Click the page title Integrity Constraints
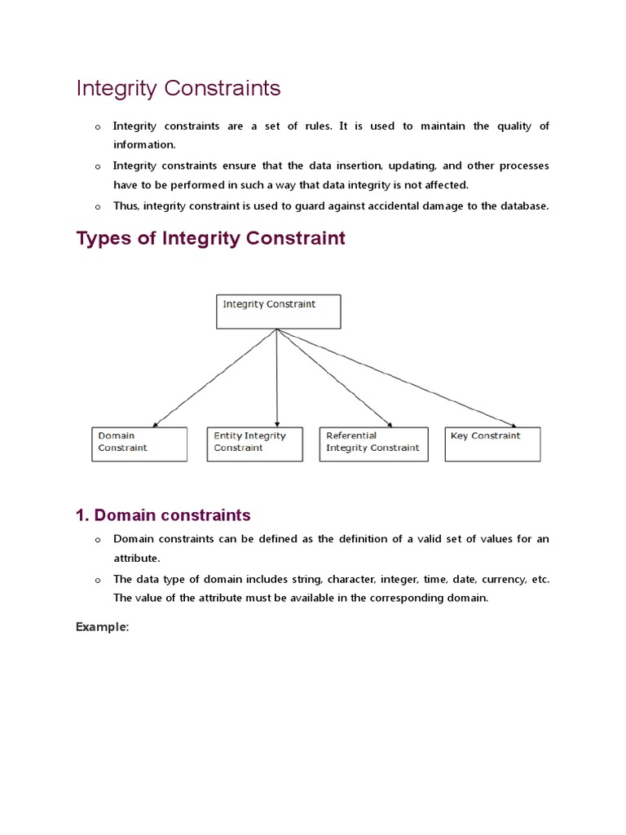click(x=179, y=88)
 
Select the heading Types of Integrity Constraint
click(x=210, y=238)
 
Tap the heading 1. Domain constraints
click(x=163, y=515)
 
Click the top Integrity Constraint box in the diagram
click(x=278, y=311)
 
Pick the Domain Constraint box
click(x=139, y=444)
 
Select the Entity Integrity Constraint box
click(x=255, y=444)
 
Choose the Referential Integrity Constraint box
click(x=373, y=444)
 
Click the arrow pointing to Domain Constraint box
click(x=216, y=378)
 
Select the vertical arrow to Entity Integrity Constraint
click(x=277, y=378)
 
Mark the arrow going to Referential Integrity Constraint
click(x=334, y=378)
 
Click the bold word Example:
click(x=103, y=626)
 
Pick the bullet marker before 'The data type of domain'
click(x=96, y=580)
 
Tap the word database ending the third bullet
click(x=524, y=206)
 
